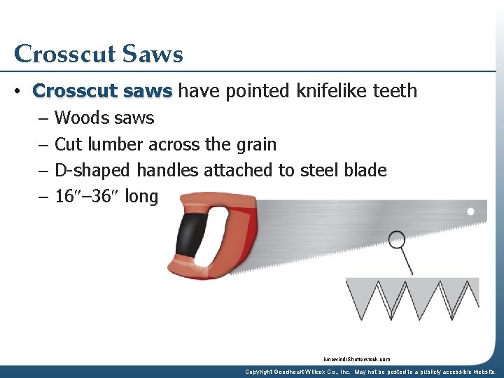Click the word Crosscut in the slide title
62,54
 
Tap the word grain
254,145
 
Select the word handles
167,170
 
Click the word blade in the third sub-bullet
365,170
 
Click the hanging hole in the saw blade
471,211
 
